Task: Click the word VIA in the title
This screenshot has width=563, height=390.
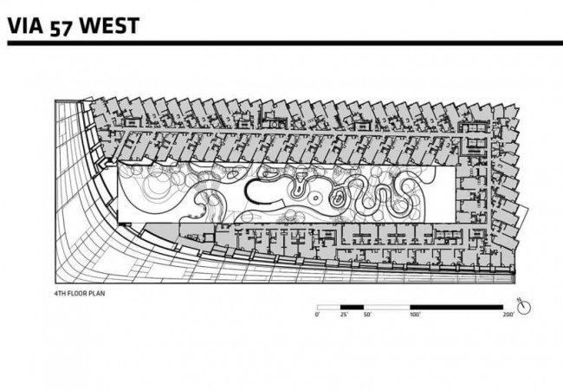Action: [x=25, y=26]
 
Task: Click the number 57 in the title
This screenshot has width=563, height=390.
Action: [x=61, y=29]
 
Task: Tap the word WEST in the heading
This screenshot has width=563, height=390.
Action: [x=109, y=26]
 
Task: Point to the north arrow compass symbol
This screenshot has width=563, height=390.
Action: [x=525, y=308]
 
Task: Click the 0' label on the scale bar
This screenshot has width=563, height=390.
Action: [x=317, y=315]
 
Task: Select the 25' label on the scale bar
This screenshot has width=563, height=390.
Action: [x=344, y=315]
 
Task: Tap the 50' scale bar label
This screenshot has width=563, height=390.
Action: [x=367, y=315]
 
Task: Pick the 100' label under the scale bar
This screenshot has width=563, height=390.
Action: [x=415, y=315]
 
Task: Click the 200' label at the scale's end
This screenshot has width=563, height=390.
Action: [x=508, y=315]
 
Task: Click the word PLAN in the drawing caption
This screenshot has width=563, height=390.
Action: [x=98, y=294]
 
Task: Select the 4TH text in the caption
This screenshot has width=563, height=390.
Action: [x=59, y=294]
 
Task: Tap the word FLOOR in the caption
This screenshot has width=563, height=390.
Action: [x=78, y=294]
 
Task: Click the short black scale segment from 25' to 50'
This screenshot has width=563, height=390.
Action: [x=352, y=308]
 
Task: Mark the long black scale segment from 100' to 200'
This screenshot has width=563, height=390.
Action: [x=456, y=308]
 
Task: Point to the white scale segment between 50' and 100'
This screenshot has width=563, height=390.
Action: [x=386, y=308]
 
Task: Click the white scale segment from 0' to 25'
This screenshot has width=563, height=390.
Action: [x=328, y=308]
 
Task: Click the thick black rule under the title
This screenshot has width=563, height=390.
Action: [x=285, y=43]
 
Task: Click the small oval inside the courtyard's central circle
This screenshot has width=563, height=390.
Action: [x=315, y=197]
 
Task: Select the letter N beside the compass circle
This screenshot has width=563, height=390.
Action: [x=519, y=300]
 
